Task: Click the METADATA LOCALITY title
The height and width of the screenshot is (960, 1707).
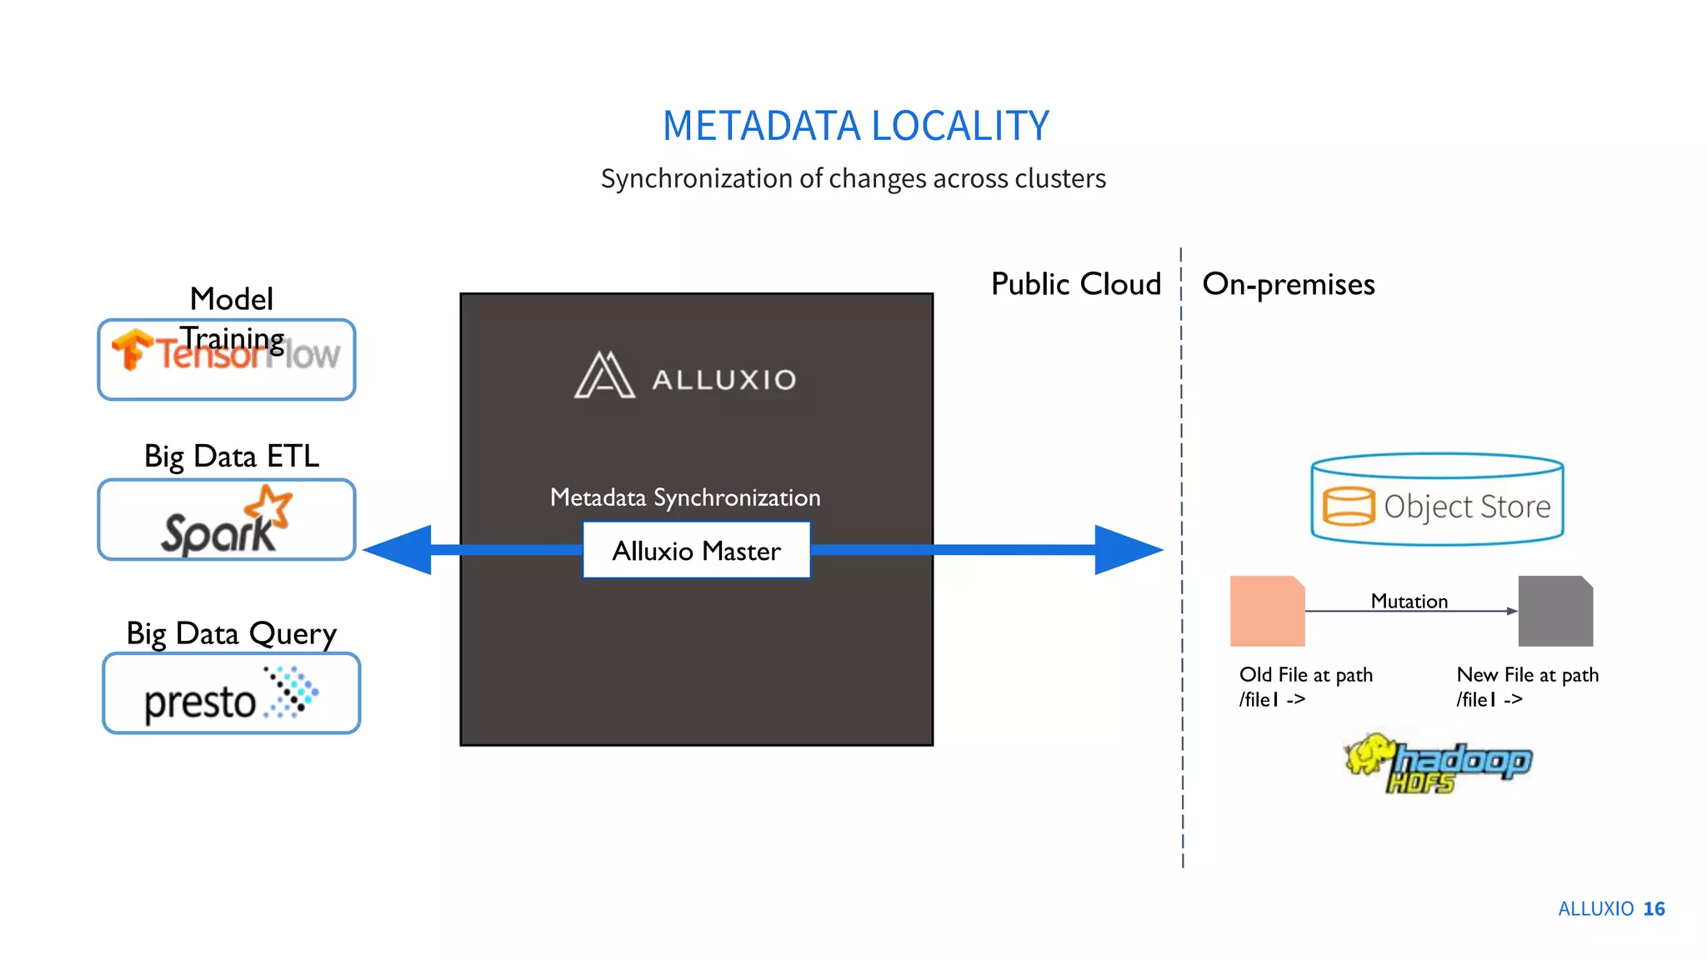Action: click(855, 127)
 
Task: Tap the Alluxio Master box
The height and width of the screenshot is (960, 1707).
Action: click(696, 550)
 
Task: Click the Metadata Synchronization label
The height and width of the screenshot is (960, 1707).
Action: click(685, 497)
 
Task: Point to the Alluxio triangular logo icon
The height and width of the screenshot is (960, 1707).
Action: click(604, 376)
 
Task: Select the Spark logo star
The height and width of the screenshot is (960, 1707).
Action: click(268, 505)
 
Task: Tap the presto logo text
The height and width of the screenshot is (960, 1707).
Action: click(200, 702)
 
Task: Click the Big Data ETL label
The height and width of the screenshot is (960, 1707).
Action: click(232, 456)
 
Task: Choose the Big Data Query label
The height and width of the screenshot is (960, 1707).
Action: click(232, 633)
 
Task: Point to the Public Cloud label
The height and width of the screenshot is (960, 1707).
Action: click(1075, 284)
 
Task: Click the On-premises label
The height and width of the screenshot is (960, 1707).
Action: click(1289, 284)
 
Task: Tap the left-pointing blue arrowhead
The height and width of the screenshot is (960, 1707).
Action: click(400, 550)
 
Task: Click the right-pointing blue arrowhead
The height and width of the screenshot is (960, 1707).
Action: click(1127, 550)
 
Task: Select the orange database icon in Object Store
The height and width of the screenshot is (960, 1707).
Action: click(1348, 506)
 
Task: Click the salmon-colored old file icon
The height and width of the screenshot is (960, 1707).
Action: click(1267, 611)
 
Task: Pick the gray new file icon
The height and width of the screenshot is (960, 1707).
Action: click(1555, 611)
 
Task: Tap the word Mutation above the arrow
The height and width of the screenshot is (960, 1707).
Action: click(1409, 601)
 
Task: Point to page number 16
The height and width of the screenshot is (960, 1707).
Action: click(1654, 908)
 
